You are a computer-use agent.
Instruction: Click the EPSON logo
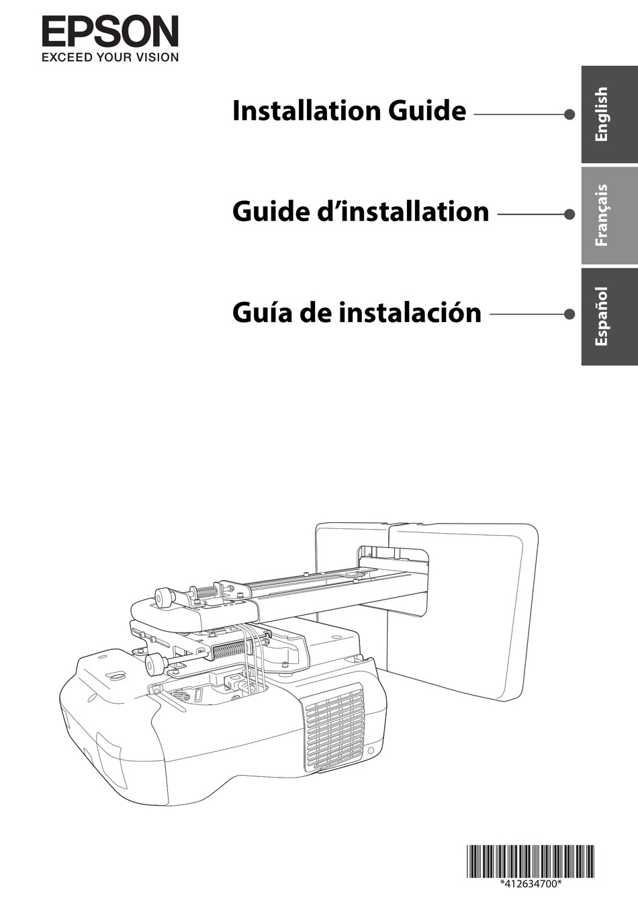(x=110, y=32)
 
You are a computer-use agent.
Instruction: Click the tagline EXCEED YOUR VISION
(x=110, y=58)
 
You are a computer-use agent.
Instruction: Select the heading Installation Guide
(x=349, y=111)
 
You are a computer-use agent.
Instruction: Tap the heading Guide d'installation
(x=361, y=212)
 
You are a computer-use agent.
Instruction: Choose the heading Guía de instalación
(x=357, y=313)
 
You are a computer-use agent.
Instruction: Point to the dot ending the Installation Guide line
(x=569, y=114)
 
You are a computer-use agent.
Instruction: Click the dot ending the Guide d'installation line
(x=569, y=214)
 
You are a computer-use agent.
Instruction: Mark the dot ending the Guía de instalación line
(x=569, y=314)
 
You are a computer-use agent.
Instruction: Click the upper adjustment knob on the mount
(x=163, y=596)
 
